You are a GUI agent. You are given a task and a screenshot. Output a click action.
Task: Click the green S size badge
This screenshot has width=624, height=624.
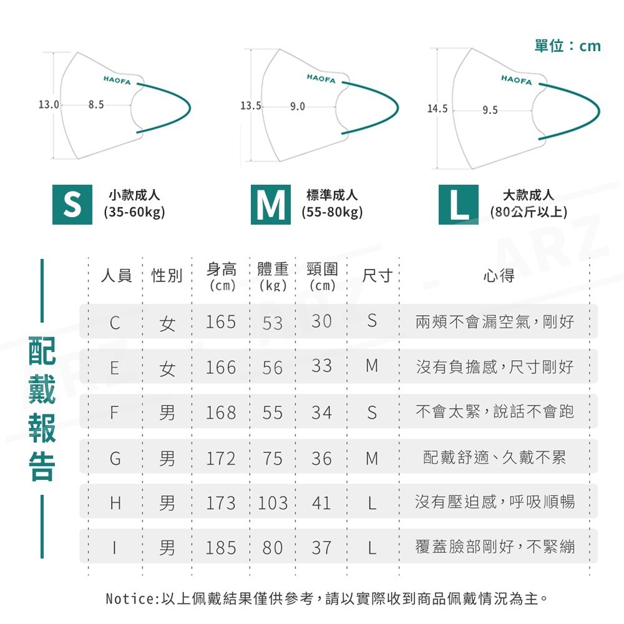(72, 205)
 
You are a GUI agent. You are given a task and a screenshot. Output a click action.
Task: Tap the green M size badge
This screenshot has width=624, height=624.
(271, 205)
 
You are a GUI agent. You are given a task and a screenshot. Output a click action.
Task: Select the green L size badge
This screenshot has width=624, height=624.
(459, 205)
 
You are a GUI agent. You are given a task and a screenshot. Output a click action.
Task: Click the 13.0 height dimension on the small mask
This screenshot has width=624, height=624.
(48, 104)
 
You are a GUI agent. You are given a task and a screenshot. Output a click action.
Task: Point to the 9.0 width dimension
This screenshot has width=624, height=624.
(298, 107)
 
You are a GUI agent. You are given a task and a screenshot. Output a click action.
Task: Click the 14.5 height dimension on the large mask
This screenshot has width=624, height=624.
(437, 109)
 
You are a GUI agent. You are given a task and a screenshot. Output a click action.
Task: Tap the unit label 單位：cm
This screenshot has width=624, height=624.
(567, 46)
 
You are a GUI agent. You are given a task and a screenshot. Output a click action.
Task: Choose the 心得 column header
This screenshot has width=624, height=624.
(499, 275)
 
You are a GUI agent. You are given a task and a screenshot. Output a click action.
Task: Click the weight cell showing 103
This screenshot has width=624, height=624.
(272, 503)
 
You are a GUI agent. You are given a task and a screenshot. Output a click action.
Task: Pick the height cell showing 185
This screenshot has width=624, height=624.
(221, 548)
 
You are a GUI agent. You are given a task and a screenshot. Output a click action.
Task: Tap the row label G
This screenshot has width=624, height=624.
(115, 459)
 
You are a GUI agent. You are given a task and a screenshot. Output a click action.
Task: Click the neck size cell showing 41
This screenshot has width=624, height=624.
(321, 503)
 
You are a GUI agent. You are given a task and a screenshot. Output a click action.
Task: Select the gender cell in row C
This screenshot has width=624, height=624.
(167, 323)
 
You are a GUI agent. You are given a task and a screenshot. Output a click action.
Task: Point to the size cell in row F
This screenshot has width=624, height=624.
(372, 412)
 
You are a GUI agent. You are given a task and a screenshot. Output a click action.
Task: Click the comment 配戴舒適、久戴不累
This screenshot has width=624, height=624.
(494, 459)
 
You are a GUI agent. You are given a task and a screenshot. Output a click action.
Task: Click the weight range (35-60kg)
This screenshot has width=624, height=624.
(134, 212)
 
